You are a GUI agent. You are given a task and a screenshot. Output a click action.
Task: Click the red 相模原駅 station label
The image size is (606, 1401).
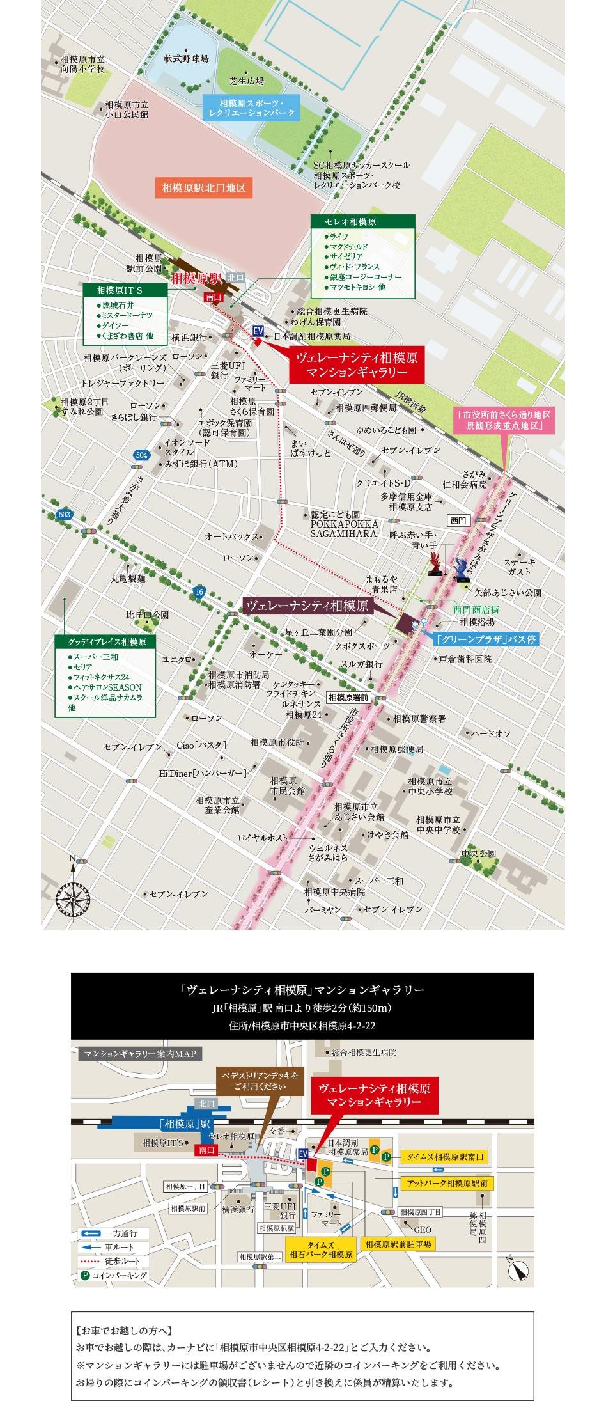pyautogui.click(x=196, y=279)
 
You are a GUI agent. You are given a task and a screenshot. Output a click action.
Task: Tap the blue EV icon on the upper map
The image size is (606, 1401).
pyautogui.click(x=258, y=331)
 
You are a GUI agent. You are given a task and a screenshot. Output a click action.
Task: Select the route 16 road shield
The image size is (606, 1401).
pyautogui.click(x=199, y=591)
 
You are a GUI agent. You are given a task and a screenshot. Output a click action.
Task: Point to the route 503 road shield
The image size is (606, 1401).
pyautogui.click(x=63, y=514)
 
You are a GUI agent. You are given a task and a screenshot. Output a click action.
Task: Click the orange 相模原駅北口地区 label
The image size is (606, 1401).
pyautogui.click(x=204, y=188)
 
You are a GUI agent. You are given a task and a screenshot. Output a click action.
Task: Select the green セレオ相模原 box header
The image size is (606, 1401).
pyautogui.click(x=362, y=222)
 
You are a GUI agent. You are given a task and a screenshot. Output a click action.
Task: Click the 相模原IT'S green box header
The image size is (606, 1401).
pyautogui.click(x=125, y=290)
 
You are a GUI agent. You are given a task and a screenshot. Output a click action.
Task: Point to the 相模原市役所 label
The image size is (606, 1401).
pyautogui.click(x=277, y=742)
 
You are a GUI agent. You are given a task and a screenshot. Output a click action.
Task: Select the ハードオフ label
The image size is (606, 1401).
pyautogui.click(x=491, y=733)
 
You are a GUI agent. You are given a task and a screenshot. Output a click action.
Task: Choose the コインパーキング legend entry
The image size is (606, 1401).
pyautogui.click(x=114, y=1275)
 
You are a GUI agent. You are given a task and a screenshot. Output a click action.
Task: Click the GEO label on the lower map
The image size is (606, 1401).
pyautogui.click(x=423, y=1229)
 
